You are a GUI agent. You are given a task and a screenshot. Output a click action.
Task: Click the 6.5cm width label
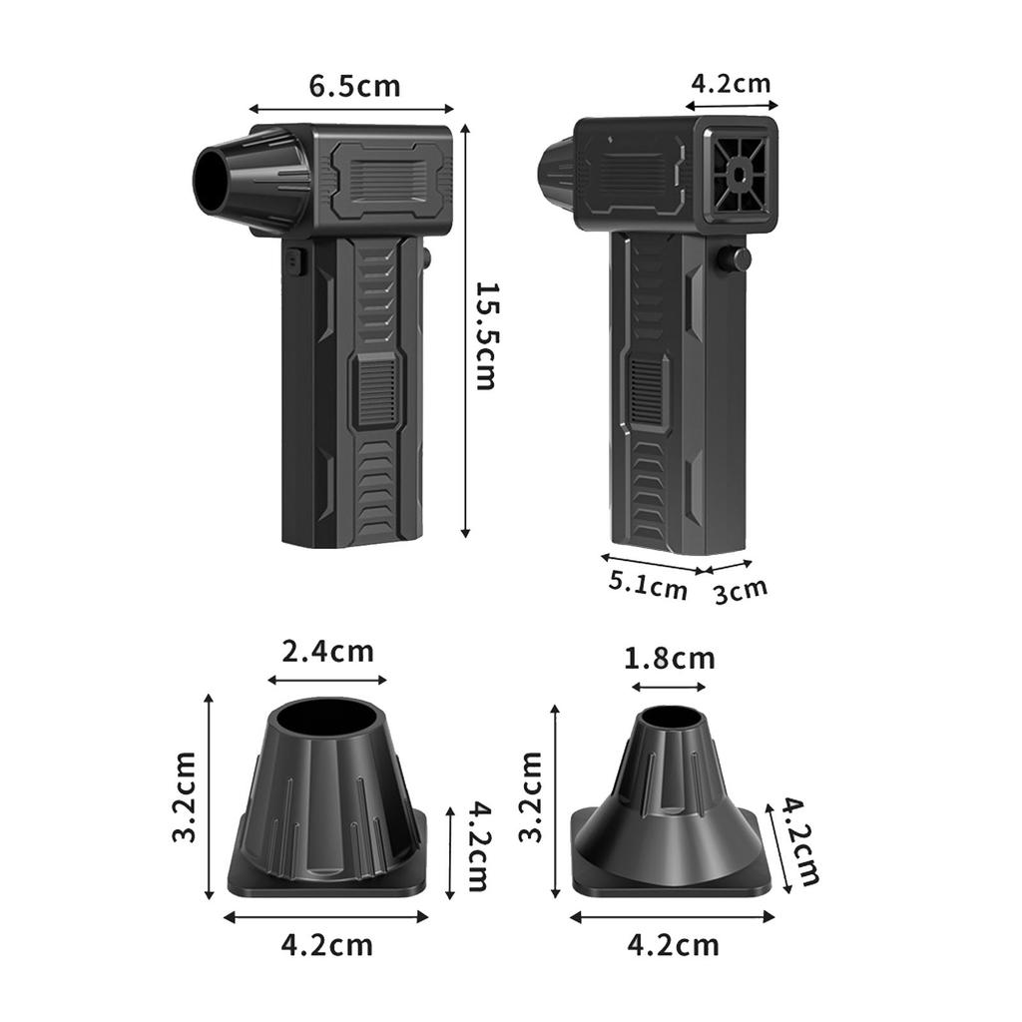354,86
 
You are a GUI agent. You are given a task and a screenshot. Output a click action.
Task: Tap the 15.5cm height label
485,335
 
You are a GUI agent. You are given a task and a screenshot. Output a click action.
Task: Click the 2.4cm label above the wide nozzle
327,652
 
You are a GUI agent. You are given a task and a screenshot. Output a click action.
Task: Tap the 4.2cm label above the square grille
732,83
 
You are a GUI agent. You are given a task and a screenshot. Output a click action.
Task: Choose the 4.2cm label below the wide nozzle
326,944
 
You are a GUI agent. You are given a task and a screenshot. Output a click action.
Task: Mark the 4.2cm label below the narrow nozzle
673,943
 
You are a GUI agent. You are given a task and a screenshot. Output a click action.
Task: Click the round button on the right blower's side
737,259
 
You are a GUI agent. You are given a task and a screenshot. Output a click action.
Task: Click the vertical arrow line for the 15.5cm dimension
465,335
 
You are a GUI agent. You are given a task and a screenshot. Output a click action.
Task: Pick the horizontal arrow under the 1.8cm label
670,687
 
